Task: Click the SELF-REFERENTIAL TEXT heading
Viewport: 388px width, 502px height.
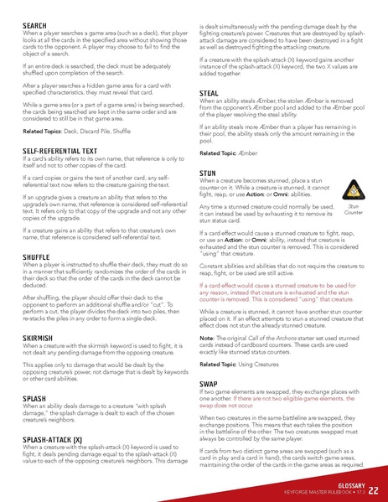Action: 63,150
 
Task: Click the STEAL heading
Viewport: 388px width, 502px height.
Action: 210,91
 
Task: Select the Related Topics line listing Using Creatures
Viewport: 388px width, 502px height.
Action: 243,365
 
